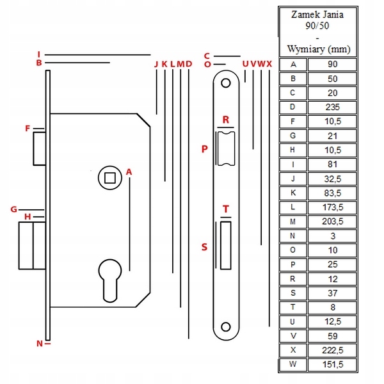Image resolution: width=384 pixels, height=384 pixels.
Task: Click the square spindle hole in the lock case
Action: click(110, 178)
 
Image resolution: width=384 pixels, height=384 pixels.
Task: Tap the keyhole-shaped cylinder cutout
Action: click(110, 281)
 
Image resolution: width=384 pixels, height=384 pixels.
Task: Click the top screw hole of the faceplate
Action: click(226, 83)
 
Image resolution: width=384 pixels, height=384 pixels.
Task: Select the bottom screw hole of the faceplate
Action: click(226, 327)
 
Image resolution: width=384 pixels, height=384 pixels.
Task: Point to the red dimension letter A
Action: click(129, 172)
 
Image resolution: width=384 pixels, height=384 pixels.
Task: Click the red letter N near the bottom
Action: click(40, 344)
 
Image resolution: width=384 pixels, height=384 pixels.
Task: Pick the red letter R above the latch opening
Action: click(226, 120)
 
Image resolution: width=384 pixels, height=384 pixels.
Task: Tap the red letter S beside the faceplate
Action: click(204, 247)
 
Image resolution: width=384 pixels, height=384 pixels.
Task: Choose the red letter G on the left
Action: click(13, 209)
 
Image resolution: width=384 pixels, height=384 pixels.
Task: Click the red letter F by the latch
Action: click(28, 128)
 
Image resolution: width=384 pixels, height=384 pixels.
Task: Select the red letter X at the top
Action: click(269, 64)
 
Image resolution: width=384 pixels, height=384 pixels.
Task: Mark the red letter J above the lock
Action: click(156, 64)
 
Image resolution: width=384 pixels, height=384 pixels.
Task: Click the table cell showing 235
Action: click(332, 107)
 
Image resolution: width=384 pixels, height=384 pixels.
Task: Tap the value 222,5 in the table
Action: click(332, 350)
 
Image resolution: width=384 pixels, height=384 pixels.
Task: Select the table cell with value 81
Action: click(332, 164)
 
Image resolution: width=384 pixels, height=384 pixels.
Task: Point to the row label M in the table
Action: click(292, 221)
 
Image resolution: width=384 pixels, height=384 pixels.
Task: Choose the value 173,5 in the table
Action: click(333, 207)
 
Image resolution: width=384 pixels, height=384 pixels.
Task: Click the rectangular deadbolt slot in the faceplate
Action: click(225, 245)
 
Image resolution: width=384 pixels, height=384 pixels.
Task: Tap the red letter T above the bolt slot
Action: click(226, 209)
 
